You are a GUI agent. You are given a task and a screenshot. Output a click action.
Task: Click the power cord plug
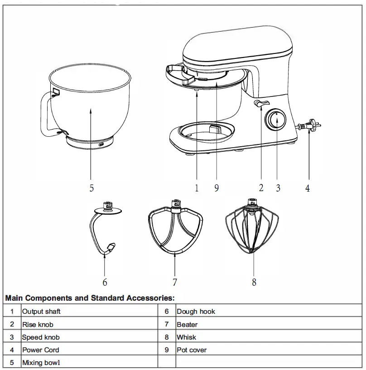pos(309,126)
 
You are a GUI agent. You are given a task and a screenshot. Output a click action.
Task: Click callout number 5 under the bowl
pos(91,188)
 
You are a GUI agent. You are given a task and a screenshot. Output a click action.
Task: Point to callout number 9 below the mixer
pos(217,188)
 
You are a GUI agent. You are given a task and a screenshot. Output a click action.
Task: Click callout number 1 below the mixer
pos(197,188)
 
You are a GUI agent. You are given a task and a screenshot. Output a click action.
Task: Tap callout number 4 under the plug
pos(308,188)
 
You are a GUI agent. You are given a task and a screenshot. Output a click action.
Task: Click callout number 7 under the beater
pos(175,282)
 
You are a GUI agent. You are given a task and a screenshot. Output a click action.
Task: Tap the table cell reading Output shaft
pos(41,312)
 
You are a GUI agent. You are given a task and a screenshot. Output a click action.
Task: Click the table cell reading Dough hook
pos(196,312)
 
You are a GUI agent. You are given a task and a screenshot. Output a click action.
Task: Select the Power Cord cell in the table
pos(41,350)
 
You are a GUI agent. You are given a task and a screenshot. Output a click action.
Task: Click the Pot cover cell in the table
pos(192,350)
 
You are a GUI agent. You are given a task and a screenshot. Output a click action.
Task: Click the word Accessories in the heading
pos(148,298)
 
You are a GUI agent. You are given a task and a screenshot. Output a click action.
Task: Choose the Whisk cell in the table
pos(186,337)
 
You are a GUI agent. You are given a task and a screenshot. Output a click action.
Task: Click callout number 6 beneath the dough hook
pos(105,282)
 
